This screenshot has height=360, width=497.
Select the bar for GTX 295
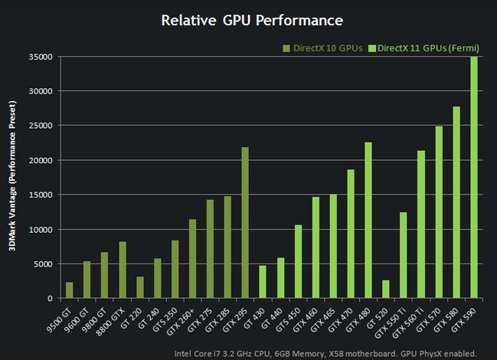pyautogui.click(x=245, y=223)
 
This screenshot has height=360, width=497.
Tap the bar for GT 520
pyautogui.click(x=386, y=290)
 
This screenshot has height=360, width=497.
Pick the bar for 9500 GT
pyautogui.click(x=69, y=290)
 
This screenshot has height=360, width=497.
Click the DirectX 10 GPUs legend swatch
pyautogui.click(x=286, y=48)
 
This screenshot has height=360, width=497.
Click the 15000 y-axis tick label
pyautogui.click(x=40, y=195)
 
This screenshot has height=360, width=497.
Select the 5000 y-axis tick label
pyautogui.click(x=42, y=264)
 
